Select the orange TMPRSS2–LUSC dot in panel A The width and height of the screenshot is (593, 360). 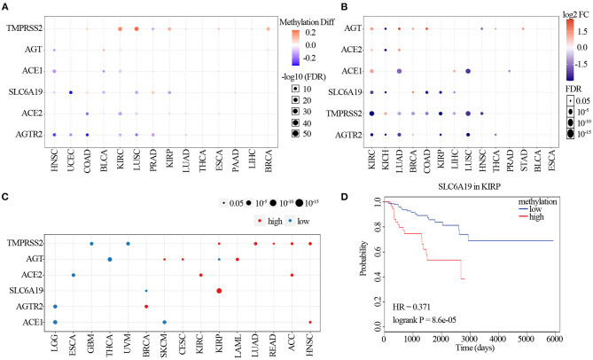point(137,29)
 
